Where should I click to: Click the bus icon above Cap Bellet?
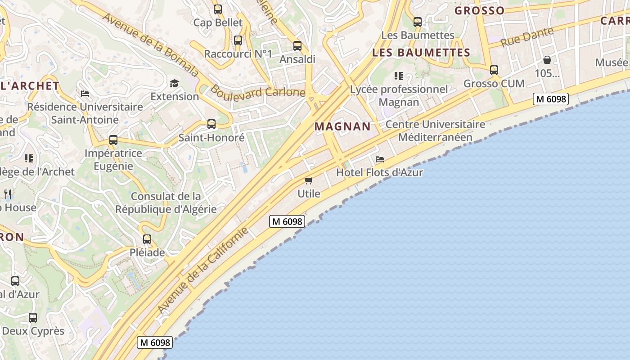coord(218,9)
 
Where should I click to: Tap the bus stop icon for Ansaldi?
coord(297,45)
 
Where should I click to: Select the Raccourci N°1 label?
coord(238,54)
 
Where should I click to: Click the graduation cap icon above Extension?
coord(174,83)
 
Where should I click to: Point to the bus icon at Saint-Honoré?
coord(211,124)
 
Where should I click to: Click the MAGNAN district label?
coord(342,126)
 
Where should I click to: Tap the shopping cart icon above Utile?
coord(308,180)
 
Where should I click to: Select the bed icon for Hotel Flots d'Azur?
coord(380,159)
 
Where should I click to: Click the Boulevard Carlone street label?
coord(258,91)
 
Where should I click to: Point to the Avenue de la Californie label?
coord(203,270)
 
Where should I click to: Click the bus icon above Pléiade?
coord(147,239)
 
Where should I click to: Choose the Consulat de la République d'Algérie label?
coord(166,202)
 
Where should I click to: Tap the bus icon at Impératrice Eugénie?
coord(113,140)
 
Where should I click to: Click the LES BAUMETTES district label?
coord(421,53)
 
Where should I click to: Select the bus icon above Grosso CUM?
coord(494,70)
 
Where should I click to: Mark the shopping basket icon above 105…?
coord(547,60)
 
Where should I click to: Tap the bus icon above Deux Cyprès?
coord(33,318)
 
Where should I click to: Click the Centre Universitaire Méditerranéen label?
coord(435,130)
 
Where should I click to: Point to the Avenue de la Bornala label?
coord(150,45)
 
